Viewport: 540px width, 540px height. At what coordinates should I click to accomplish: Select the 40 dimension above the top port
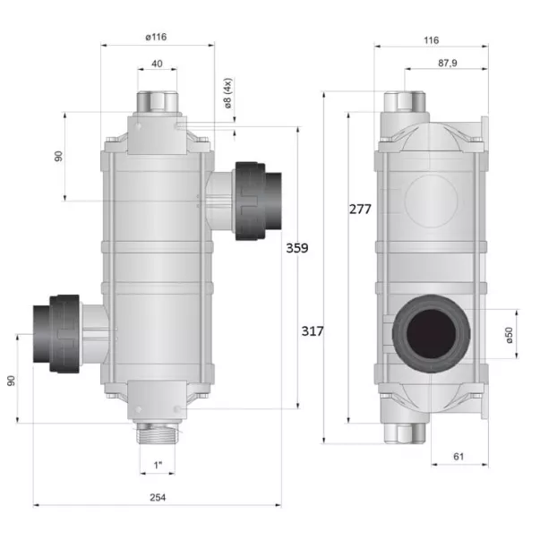158,64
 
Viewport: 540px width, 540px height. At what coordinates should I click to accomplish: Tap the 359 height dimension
297,248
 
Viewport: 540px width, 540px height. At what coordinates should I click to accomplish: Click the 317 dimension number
312,331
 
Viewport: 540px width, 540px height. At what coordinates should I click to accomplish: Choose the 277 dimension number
360,209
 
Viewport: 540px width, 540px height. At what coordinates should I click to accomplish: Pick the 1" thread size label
158,465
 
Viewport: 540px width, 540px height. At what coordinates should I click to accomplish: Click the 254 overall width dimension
158,497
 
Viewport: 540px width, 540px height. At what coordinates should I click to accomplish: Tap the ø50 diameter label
509,335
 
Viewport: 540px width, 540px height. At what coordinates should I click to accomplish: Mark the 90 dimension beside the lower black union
11,380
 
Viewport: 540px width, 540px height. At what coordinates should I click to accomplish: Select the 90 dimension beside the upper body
58,156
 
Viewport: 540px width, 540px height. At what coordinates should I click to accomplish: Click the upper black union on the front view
259,201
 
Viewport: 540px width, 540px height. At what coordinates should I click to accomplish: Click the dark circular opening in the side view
432,332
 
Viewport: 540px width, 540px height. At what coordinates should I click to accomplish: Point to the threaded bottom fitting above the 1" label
158,436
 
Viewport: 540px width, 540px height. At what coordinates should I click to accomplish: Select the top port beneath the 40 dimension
158,101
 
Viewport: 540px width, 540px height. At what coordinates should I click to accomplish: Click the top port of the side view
407,100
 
